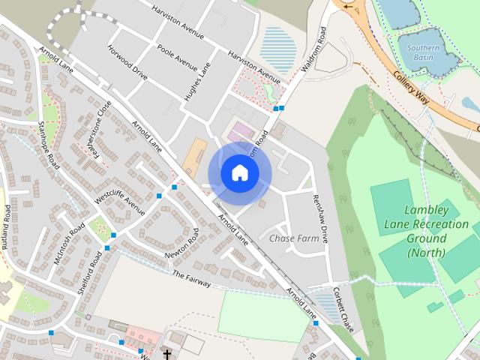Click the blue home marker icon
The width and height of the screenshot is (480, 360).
(239, 173)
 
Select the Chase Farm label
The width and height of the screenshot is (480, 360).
(294, 238)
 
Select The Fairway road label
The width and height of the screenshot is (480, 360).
(190, 279)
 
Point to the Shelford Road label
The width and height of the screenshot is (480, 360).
(89, 274)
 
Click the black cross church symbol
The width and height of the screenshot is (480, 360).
(166, 353)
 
